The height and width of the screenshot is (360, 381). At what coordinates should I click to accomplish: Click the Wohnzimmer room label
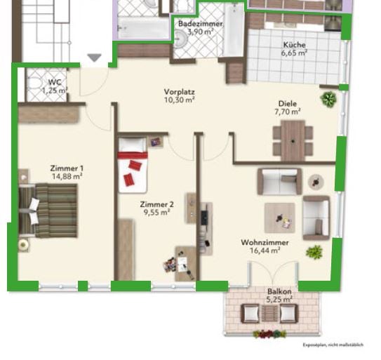click(x=261, y=242)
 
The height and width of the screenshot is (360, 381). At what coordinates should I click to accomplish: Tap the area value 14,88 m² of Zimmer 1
click(x=67, y=177)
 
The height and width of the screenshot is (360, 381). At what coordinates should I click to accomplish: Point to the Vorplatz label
click(x=180, y=92)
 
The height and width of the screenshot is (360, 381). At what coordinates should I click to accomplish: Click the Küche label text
click(x=294, y=44)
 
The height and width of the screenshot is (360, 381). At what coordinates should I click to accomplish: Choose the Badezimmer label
click(x=200, y=24)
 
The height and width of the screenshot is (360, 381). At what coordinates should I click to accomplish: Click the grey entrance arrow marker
click(x=95, y=58)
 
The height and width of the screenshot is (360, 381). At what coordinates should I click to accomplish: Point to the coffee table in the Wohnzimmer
click(x=279, y=218)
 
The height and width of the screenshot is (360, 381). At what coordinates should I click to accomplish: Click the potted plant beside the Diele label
click(x=328, y=100)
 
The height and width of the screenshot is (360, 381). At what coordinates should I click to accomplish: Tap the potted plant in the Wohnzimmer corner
click(x=314, y=251)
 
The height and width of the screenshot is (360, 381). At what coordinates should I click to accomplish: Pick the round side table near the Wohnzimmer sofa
click(x=316, y=182)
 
